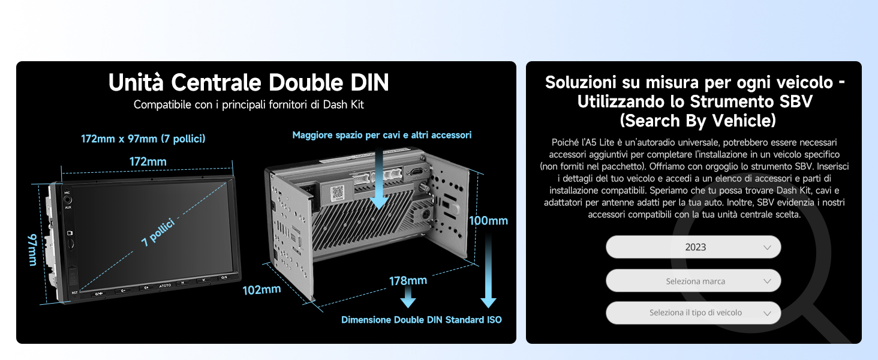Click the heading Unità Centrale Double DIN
point(248,82)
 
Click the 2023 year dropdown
point(693,247)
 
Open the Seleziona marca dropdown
point(693,281)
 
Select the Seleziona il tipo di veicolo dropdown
point(693,313)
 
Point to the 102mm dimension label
point(261,290)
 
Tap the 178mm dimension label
point(408,281)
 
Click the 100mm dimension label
point(488,221)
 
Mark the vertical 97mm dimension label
point(32,250)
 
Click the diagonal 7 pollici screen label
point(158,233)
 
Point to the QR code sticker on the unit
point(336,193)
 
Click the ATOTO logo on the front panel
point(165,286)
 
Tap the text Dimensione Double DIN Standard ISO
point(422,320)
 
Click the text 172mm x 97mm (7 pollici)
point(143,139)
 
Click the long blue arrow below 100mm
point(488,271)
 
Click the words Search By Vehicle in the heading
point(697,121)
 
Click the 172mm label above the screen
point(148,161)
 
